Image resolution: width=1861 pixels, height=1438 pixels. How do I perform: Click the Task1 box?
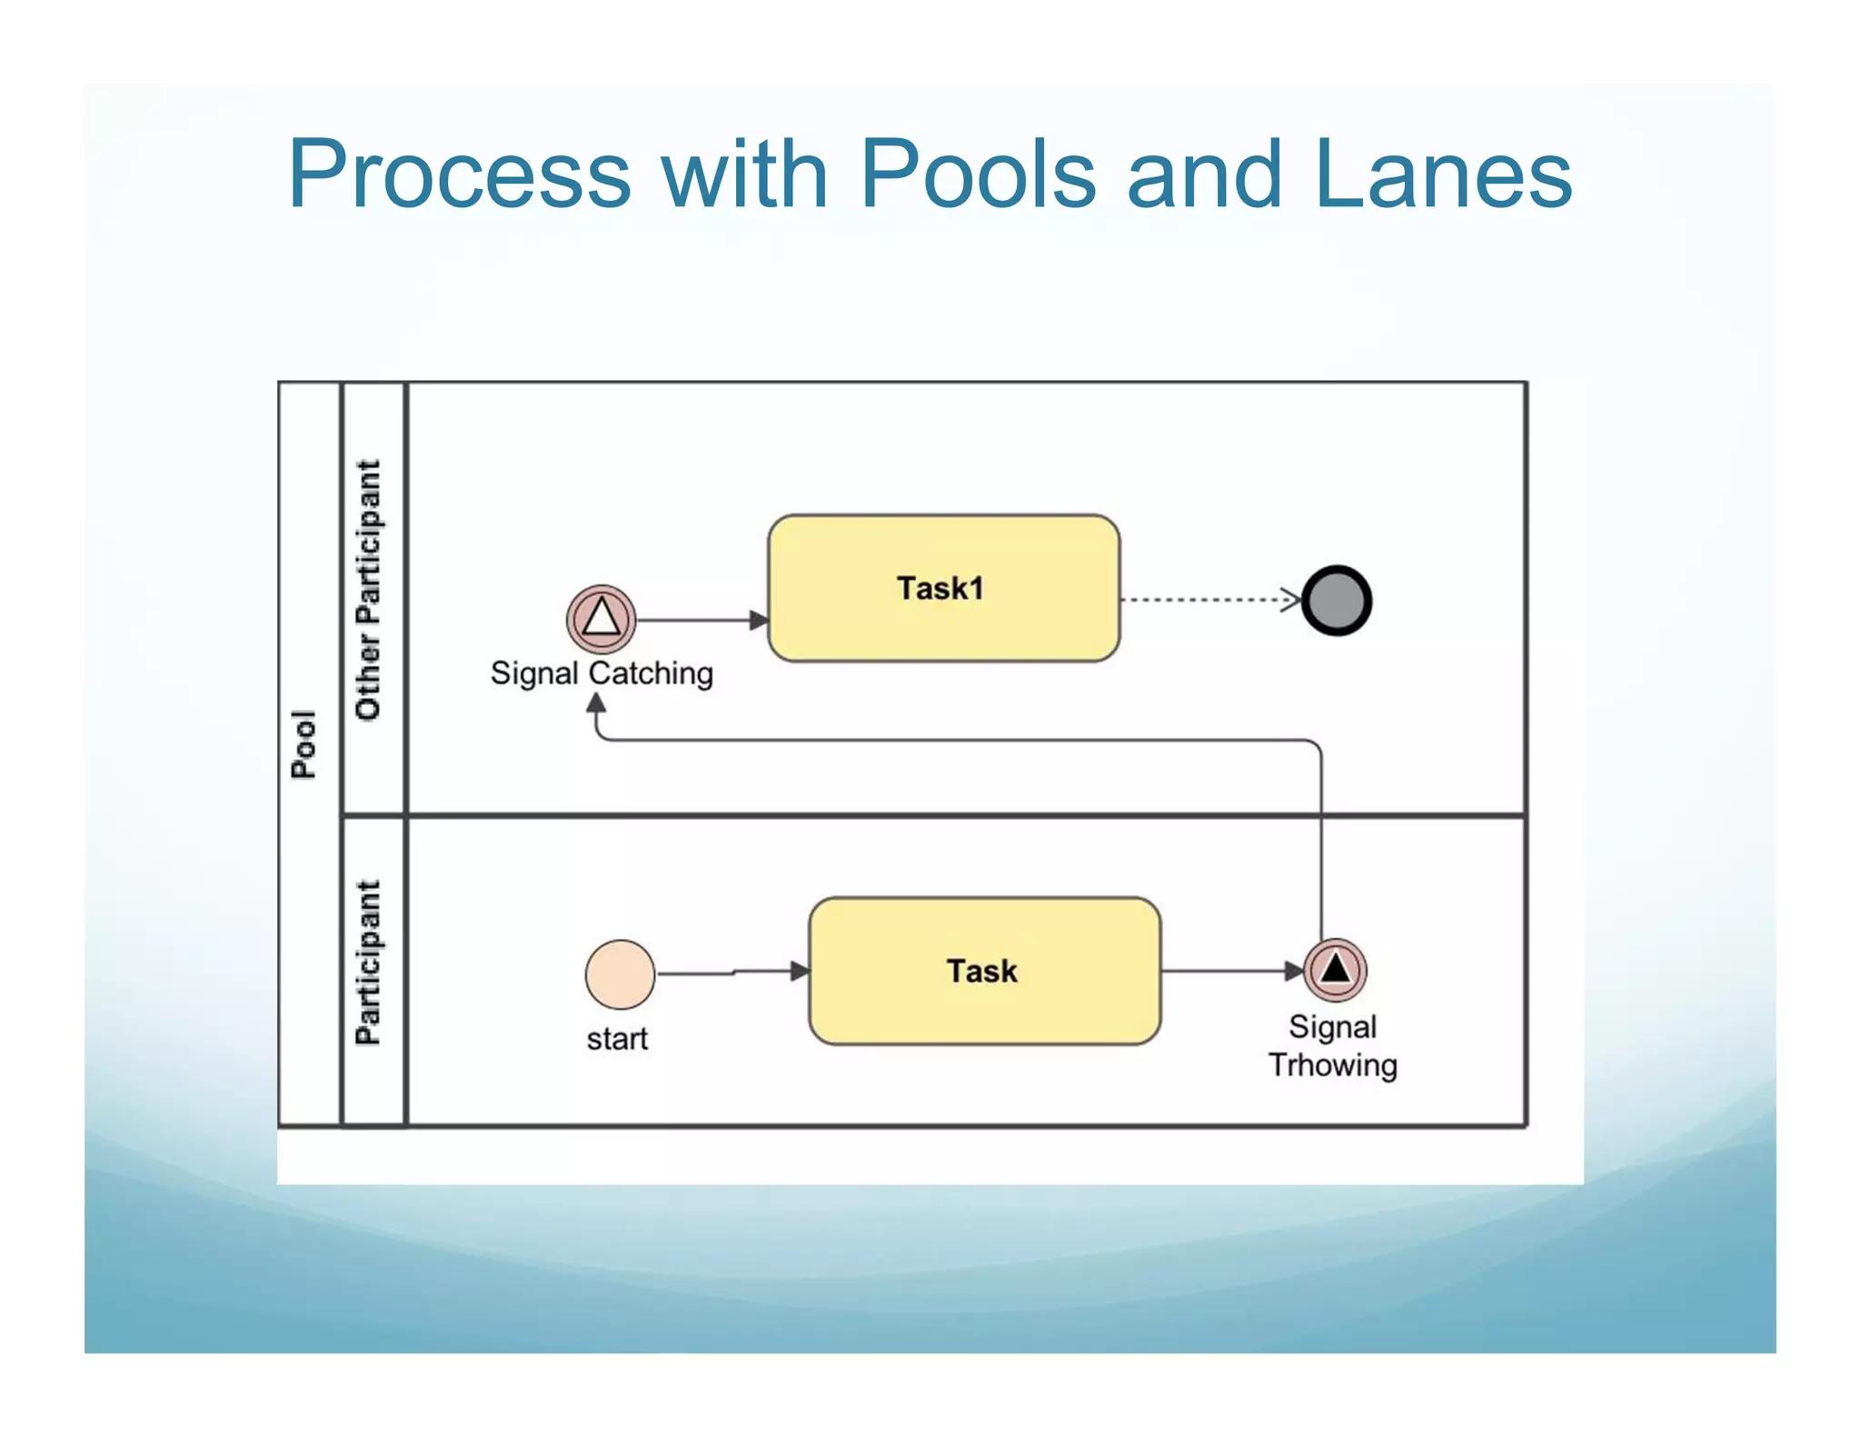943,588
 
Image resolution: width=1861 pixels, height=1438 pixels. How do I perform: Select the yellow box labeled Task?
984,971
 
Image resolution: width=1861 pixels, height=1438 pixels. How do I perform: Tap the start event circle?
620,974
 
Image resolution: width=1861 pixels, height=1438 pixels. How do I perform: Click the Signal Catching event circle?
602,619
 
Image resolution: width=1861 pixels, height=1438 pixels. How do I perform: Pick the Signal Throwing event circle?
1335,969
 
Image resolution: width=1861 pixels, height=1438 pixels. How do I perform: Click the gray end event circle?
1336,601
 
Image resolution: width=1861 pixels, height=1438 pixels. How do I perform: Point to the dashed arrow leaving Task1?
1209,600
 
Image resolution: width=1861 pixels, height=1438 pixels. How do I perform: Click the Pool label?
304,744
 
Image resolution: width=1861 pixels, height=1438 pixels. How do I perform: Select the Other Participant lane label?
369,591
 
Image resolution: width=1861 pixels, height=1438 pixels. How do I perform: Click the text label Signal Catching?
602,674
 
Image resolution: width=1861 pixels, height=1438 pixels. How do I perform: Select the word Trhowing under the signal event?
1332,1065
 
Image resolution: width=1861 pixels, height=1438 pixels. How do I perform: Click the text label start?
617,1039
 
